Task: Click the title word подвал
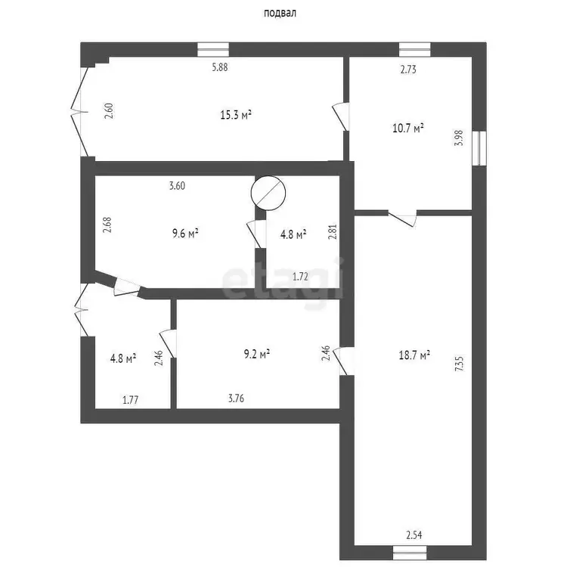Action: [280, 13]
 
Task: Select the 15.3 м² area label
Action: [236, 116]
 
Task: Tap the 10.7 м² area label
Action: [408, 128]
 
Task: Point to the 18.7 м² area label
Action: [414, 355]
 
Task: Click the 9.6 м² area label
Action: [185, 234]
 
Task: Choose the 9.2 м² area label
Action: [257, 354]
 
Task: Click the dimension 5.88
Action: [220, 67]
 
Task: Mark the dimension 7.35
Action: [459, 364]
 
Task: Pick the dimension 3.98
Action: [459, 138]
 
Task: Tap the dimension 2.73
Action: [408, 69]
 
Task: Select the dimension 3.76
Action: [236, 398]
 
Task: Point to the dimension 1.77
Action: [131, 400]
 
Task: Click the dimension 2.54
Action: [414, 534]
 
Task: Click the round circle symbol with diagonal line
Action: [268, 193]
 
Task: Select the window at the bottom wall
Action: [410, 553]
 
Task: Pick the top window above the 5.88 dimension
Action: [213, 50]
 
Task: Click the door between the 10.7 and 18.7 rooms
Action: [402, 218]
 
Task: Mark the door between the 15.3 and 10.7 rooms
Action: [341, 116]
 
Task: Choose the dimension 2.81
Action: [333, 232]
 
